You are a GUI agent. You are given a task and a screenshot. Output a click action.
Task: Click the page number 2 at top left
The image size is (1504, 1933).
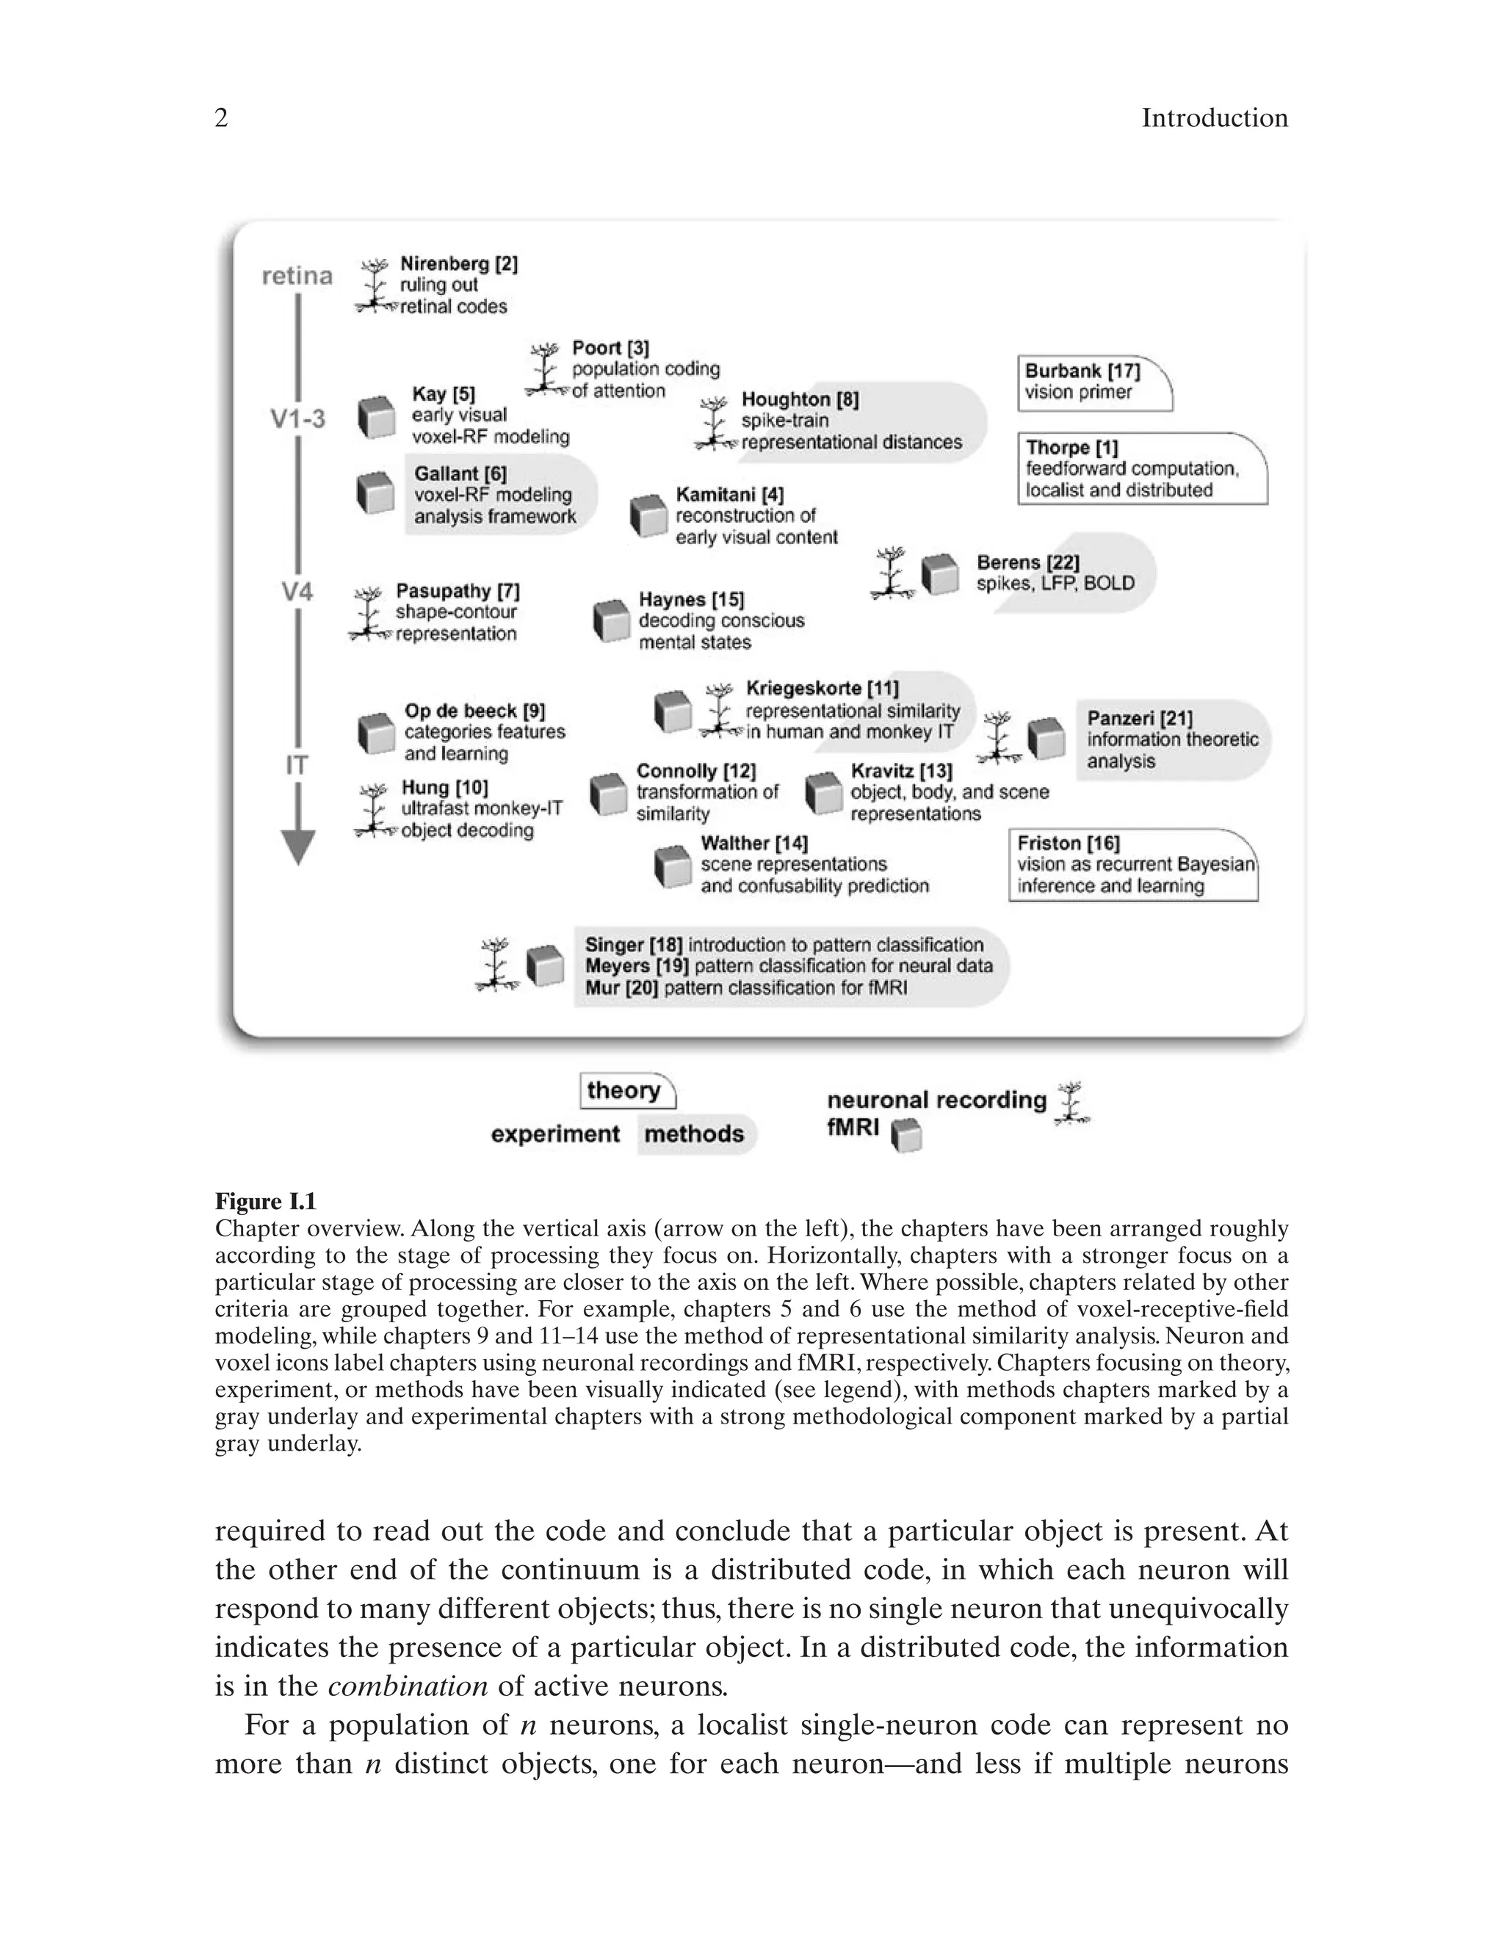[221, 119]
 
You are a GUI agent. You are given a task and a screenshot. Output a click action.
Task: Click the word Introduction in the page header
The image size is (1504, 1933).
[1214, 119]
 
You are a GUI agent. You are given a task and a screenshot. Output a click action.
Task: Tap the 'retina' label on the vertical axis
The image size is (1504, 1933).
[297, 276]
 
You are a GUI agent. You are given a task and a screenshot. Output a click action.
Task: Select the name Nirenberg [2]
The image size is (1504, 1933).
[458, 264]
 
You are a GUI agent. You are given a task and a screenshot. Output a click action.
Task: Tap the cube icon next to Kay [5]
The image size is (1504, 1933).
[376, 417]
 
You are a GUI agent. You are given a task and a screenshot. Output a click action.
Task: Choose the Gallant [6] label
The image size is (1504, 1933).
[460, 474]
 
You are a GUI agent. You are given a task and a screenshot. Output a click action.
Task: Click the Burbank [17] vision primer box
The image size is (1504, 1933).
[1094, 382]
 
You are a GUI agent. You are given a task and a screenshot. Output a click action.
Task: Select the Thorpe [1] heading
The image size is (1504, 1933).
[1072, 448]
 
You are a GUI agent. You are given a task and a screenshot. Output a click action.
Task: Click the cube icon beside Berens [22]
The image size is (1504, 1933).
[939, 574]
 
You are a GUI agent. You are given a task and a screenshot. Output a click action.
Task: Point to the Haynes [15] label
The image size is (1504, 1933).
[691, 600]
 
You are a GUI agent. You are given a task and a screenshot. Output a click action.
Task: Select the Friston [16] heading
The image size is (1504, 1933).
[1068, 843]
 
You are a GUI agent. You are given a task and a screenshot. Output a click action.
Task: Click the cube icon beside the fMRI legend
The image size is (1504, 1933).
[905, 1136]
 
